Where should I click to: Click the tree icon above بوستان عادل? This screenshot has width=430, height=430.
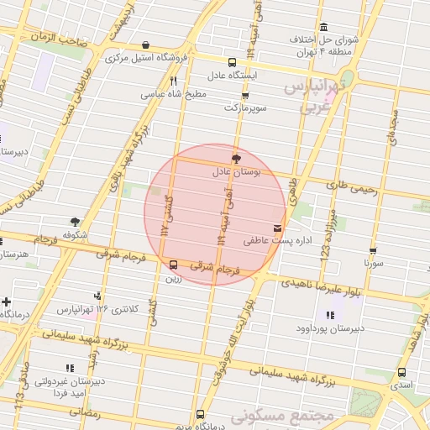236,158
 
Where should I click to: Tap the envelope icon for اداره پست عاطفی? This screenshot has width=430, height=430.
278,228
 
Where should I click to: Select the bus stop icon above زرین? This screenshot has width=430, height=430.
174,265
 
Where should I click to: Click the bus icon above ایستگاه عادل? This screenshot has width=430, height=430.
233,61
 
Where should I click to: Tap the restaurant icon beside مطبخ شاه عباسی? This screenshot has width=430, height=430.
173,81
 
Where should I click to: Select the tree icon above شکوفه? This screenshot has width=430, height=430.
76,222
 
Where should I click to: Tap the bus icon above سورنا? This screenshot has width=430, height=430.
372,250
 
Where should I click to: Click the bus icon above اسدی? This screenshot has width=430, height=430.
401,372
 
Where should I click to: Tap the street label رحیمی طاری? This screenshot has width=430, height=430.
354,186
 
